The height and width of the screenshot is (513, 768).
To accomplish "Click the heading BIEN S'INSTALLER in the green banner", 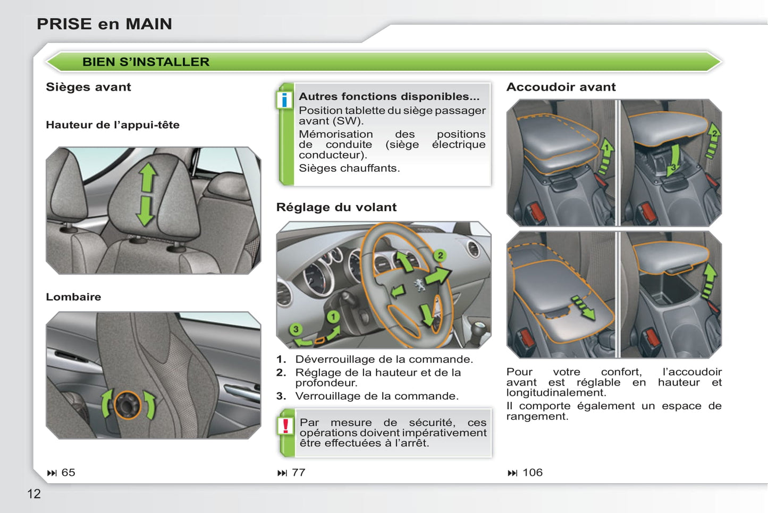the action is coord(146,62).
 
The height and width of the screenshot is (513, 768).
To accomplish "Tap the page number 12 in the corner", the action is coord(34,494).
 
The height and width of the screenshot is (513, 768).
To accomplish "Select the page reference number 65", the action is coord(68,473).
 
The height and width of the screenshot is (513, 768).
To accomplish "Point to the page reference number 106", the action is coord(533,473).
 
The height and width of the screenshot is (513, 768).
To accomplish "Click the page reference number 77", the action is coord(298,473).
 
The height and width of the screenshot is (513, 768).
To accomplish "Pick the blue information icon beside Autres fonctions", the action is coord(284,100).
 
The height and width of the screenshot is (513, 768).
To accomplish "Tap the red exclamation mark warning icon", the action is coord(285,426).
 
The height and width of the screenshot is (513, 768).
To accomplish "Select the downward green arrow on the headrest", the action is coord(146,211).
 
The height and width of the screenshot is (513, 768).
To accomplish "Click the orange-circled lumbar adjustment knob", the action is coord(127,405).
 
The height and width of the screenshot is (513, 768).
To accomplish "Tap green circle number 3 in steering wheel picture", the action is coord(296,329).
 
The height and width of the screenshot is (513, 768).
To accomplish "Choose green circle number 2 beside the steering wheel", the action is coord(440,255).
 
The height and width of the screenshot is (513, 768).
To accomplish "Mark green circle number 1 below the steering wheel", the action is coord(333,317).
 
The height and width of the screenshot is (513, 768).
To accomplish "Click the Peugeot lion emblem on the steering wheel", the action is coord(419,285).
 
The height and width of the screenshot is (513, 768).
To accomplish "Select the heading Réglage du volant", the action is coord(336,207).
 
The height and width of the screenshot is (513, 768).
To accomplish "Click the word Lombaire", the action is coord(73,296).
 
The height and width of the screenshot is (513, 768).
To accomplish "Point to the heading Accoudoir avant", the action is coord(561,87).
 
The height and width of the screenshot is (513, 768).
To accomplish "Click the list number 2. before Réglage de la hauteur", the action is coord(281,373).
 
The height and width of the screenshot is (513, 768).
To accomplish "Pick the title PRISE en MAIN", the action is coord(104,24).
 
